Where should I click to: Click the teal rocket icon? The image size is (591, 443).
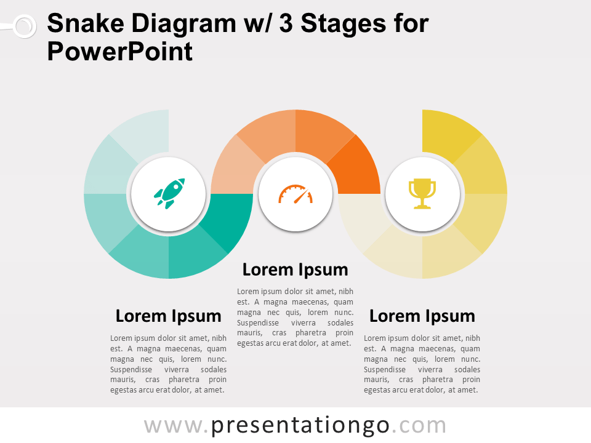[169, 193]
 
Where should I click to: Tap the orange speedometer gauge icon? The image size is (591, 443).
[295, 194]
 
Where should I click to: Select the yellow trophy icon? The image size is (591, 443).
[422, 194]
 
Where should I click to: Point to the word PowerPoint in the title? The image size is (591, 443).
[120, 52]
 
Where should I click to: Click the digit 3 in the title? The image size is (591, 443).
[286, 23]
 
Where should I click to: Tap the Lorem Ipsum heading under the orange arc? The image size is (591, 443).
[295, 269]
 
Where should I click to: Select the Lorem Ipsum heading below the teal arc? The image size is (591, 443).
[169, 316]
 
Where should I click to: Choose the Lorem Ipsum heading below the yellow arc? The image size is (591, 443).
[422, 316]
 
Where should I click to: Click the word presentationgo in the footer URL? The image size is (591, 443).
[300, 426]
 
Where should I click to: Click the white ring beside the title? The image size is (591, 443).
[25, 26]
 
